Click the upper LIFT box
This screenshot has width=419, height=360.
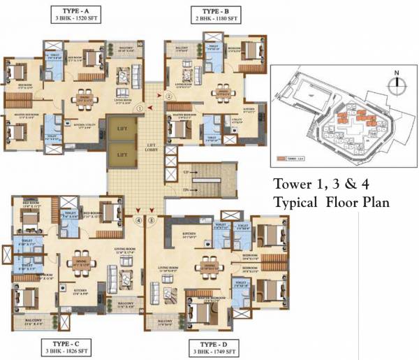tap(123, 129)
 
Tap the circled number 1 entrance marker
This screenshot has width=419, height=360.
tap(140, 108)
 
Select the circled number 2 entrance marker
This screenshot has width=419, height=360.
tap(168, 96)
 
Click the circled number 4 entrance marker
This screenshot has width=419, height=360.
tap(139, 221)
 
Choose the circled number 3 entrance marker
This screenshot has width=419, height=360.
tap(150, 221)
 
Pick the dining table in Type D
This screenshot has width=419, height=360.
tap(210, 265)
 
